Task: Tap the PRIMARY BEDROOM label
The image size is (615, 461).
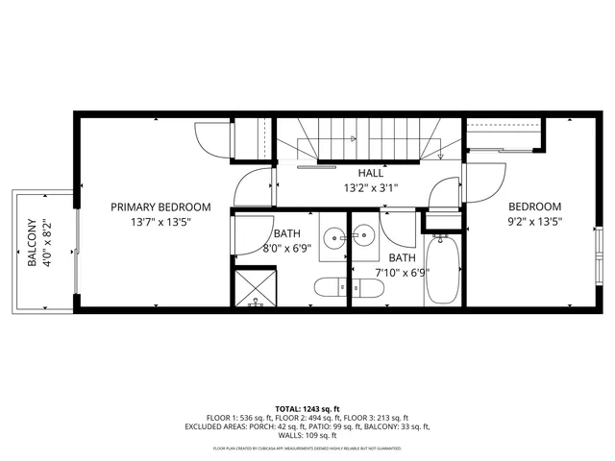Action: (x=160, y=206)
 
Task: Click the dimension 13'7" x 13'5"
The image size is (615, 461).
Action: (x=160, y=222)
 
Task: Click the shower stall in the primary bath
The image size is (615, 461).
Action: (x=257, y=289)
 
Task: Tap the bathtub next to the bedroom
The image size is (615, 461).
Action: (x=443, y=270)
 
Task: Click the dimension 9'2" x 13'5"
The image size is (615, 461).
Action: (x=534, y=222)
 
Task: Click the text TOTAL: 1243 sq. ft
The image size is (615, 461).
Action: (x=307, y=408)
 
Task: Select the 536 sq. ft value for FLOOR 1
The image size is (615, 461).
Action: (x=234, y=418)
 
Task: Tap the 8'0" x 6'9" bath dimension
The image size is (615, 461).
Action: (x=285, y=249)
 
